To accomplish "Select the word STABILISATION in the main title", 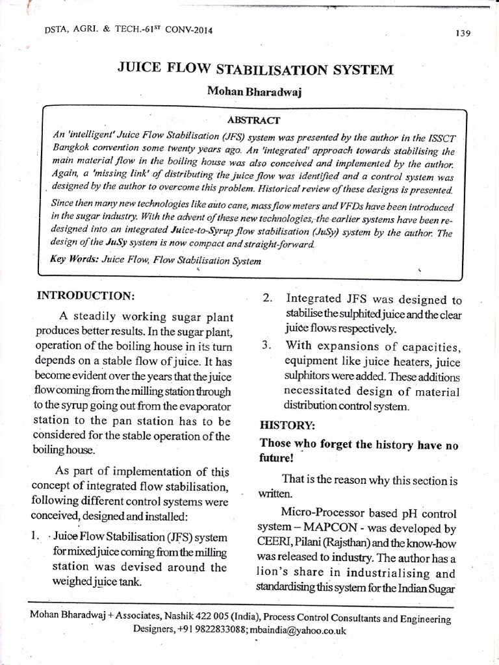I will coord(248,70).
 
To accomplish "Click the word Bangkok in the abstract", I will coord(71,147).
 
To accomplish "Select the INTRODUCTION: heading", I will coord(86,295).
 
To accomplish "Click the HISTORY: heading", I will coord(287,425).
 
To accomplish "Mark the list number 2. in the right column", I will coord(267,298).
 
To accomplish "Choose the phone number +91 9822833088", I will coord(214,630).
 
